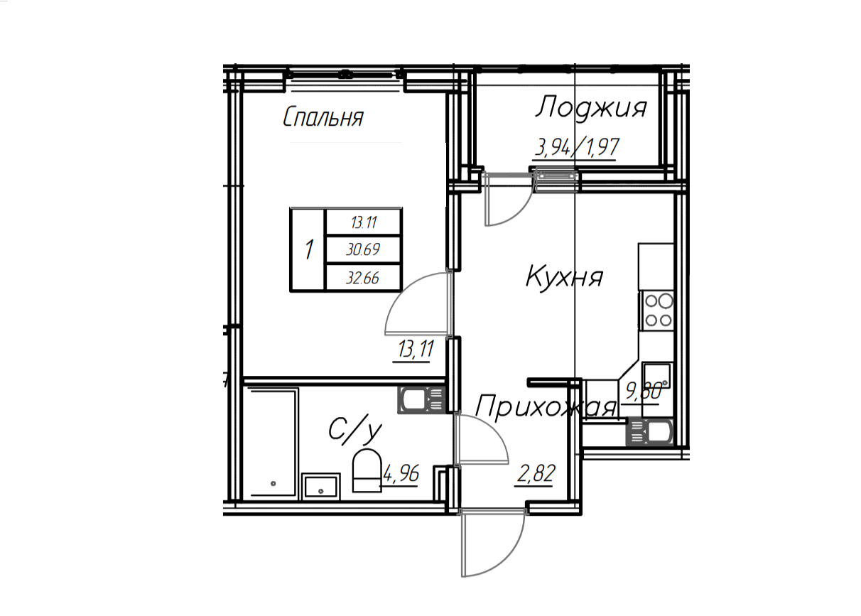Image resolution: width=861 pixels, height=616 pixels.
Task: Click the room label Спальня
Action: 323,117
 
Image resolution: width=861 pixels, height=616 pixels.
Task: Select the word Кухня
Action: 564,278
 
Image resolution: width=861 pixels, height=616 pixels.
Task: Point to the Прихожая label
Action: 546,408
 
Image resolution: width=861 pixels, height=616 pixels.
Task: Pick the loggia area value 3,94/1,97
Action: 577,148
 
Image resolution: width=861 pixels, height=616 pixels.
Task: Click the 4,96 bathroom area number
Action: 401,474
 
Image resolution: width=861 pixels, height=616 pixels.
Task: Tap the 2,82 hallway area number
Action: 536,474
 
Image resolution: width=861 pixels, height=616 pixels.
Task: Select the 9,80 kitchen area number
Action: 644,391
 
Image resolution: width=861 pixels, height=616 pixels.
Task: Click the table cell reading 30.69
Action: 363,250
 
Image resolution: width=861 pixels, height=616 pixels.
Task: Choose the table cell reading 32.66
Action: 362,278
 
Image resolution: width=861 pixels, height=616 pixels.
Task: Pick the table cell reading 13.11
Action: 364,222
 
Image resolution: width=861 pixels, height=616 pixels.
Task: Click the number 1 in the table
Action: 308,249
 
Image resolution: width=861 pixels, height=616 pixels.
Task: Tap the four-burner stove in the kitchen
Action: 656,310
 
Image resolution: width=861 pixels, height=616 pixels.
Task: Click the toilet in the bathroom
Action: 367,470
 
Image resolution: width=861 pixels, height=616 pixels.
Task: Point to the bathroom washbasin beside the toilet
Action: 321,487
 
